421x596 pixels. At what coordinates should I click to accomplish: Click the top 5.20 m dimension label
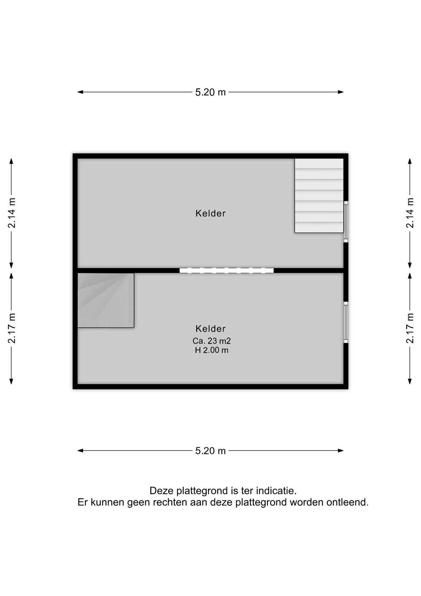tap(210, 92)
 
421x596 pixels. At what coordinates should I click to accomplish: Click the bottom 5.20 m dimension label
tap(210, 451)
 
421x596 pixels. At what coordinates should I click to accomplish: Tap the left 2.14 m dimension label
tap(11, 213)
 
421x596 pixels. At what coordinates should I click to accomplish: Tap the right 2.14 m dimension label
tap(410, 213)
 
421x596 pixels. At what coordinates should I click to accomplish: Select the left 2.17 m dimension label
tap(11, 328)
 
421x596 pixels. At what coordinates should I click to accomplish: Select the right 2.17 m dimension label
tap(410, 328)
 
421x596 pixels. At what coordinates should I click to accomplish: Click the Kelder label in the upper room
tap(210, 213)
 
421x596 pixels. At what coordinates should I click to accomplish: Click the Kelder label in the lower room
tap(210, 328)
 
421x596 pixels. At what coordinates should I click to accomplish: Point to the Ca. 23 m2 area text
tap(211, 341)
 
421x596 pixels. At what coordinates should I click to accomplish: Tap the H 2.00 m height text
tap(211, 350)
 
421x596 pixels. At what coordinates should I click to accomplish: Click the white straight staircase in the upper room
tap(319, 196)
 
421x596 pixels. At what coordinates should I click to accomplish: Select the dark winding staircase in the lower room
tap(106, 300)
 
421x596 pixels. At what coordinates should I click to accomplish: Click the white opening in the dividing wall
tap(227, 270)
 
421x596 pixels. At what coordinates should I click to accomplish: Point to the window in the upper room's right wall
tap(346, 222)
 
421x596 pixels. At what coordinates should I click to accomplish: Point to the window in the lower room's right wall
tap(346, 322)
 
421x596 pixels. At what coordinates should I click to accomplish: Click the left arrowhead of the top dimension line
tap(80, 92)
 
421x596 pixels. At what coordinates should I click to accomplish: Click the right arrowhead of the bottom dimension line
tap(340, 450)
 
